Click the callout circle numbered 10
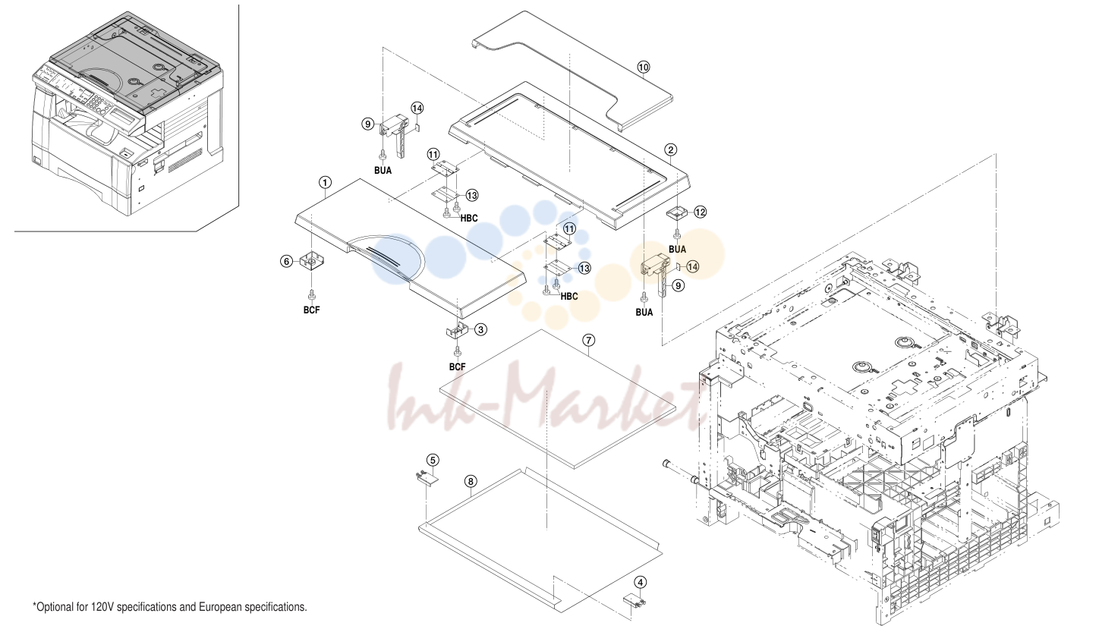coord(643,68)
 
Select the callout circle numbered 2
coord(671,150)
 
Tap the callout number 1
coord(325,183)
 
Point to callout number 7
coord(588,340)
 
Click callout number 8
coord(471,481)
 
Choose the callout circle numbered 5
coord(433,461)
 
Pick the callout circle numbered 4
coord(641,583)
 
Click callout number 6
coord(287,262)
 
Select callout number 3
coord(480,329)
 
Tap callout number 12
coord(700,212)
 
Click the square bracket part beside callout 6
coord(311,262)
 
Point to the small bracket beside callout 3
coord(456,331)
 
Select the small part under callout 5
coord(427,478)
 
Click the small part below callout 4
coord(634,600)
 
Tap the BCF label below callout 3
coord(457,367)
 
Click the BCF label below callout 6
coord(311,310)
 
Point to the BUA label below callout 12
coord(677,249)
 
